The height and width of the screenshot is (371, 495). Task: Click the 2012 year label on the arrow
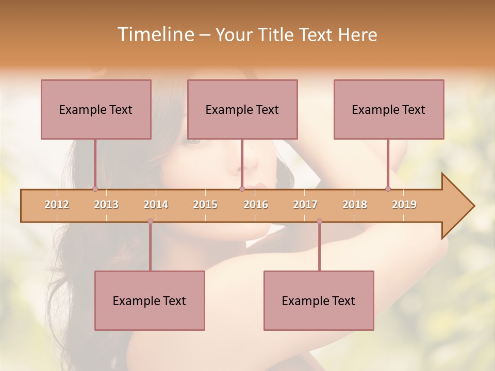(x=57, y=205)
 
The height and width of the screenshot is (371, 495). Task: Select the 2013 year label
(x=106, y=205)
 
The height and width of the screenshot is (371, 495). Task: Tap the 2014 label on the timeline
(x=156, y=205)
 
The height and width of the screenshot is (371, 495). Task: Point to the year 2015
(x=205, y=205)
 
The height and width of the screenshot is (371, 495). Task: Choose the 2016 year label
(x=256, y=205)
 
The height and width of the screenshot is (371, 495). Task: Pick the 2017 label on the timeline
(x=305, y=205)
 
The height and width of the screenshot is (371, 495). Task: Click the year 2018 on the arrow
(x=355, y=205)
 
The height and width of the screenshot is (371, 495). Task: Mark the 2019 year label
(x=404, y=205)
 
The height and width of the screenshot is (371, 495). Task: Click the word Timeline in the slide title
(x=155, y=35)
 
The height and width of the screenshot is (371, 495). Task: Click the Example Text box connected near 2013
(x=96, y=109)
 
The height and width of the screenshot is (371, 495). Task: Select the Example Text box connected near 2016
(x=242, y=109)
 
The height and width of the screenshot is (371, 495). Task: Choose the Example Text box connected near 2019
(x=389, y=109)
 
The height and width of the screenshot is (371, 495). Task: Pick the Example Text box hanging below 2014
(x=150, y=300)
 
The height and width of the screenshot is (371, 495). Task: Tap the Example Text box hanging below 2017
(x=319, y=300)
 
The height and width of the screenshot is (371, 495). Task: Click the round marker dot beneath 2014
(x=150, y=221)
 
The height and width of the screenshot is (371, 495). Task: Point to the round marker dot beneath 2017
(x=319, y=221)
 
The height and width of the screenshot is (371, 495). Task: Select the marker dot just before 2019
(x=388, y=189)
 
